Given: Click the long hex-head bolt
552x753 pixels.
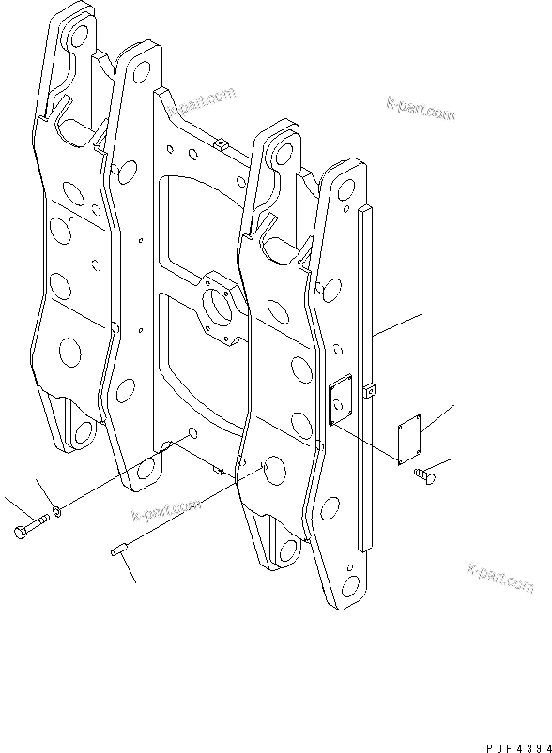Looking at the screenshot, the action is click(x=31, y=525).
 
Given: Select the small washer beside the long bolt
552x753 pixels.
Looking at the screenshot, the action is click(x=56, y=513).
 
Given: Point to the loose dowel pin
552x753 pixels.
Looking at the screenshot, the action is click(x=117, y=550).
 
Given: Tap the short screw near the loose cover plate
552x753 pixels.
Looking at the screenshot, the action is click(x=424, y=474).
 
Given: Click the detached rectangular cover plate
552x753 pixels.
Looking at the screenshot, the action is click(x=409, y=440).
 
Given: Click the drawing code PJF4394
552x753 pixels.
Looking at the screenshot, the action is click(x=518, y=747).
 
